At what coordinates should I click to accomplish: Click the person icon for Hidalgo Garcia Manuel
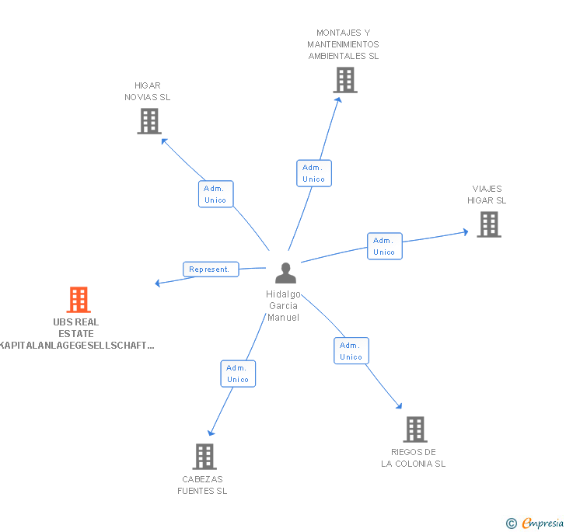(x=286, y=273)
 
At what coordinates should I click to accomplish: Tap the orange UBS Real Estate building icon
(x=78, y=299)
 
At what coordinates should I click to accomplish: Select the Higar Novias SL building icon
(x=149, y=120)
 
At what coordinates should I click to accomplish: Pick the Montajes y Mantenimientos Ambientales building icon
(x=344, y=79)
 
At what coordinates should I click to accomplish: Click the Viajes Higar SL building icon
(x=488, y=224)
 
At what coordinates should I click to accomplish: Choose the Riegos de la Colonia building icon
(x=415, y=429)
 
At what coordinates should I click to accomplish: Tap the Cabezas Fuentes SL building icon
(x=204, y=456)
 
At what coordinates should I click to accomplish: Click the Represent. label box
(x=211, y=269)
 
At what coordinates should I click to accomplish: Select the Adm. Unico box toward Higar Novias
(x=215, y=194)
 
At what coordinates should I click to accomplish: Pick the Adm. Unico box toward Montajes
(x=314, y=173)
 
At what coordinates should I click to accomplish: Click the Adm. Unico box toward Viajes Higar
(x=384, y=246)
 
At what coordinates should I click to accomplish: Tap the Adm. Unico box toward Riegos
(x=351, y=351)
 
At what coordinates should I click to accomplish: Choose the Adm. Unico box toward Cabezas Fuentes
(x=238, y=374)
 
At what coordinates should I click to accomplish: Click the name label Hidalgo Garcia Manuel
(x=283, y=306)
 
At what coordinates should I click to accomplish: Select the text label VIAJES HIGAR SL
(x=487, y=194)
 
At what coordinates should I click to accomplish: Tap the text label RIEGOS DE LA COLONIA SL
(x=414, y=458)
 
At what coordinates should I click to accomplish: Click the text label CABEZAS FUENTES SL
(x=202, y=485)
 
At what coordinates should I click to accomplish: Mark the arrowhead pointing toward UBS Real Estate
(x=158, y=283)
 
